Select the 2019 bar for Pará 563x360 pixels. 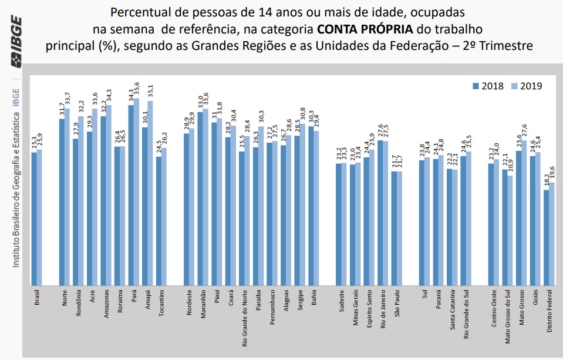click(x=137, y=191)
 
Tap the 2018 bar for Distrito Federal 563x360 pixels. click(x=546, y=237)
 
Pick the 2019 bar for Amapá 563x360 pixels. click(x=150, y=193)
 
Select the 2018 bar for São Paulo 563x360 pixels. click(x=395, y=228)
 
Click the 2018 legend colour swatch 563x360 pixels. click(x=476, y=86)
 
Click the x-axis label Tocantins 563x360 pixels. click(x=161, y=302)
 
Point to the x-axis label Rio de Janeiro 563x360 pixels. click(x=382, y=309)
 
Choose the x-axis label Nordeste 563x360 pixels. click(x=189, y=302)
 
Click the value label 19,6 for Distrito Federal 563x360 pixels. click(x=552, y=175)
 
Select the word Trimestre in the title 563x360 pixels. click(x=506, y=44)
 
